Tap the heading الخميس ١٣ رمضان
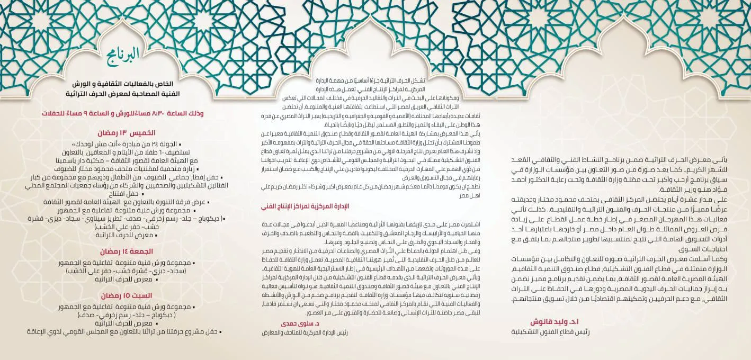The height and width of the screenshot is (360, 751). tap(126, 132)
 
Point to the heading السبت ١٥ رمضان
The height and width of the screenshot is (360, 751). tap(127, 295)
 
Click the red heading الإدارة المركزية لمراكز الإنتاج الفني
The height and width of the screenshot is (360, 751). tap(302, 206)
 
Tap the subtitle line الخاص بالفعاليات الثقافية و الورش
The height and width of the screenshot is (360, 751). tap(125, 84)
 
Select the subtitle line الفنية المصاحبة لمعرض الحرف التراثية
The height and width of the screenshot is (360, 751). tap(125, 94)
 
